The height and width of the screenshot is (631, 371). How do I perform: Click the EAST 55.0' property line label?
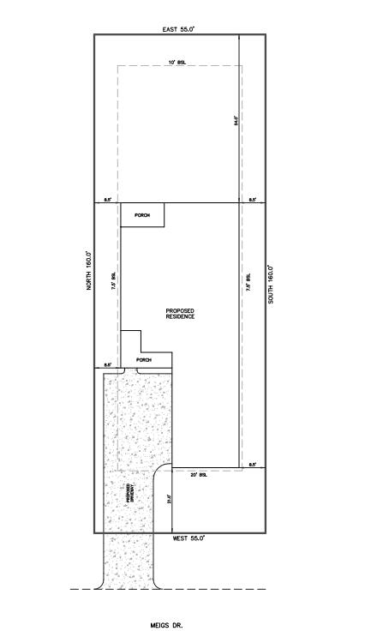178,28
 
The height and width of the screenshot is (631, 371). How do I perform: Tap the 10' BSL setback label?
177,63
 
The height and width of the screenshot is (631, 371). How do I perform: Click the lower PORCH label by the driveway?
144,360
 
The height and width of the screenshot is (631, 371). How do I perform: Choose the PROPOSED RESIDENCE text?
180,314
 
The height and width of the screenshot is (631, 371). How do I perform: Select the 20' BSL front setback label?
199,474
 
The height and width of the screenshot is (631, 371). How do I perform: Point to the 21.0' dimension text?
169,500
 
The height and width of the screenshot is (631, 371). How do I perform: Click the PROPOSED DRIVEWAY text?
129,492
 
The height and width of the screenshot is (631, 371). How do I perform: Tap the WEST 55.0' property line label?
189,538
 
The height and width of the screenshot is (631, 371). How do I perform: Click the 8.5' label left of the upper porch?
108,200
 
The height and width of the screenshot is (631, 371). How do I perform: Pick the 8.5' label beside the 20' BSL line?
253,465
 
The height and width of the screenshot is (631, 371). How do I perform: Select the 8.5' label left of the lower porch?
108,365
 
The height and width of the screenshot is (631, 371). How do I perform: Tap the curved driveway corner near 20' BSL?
159,475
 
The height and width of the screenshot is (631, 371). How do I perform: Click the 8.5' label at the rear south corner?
253,200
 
